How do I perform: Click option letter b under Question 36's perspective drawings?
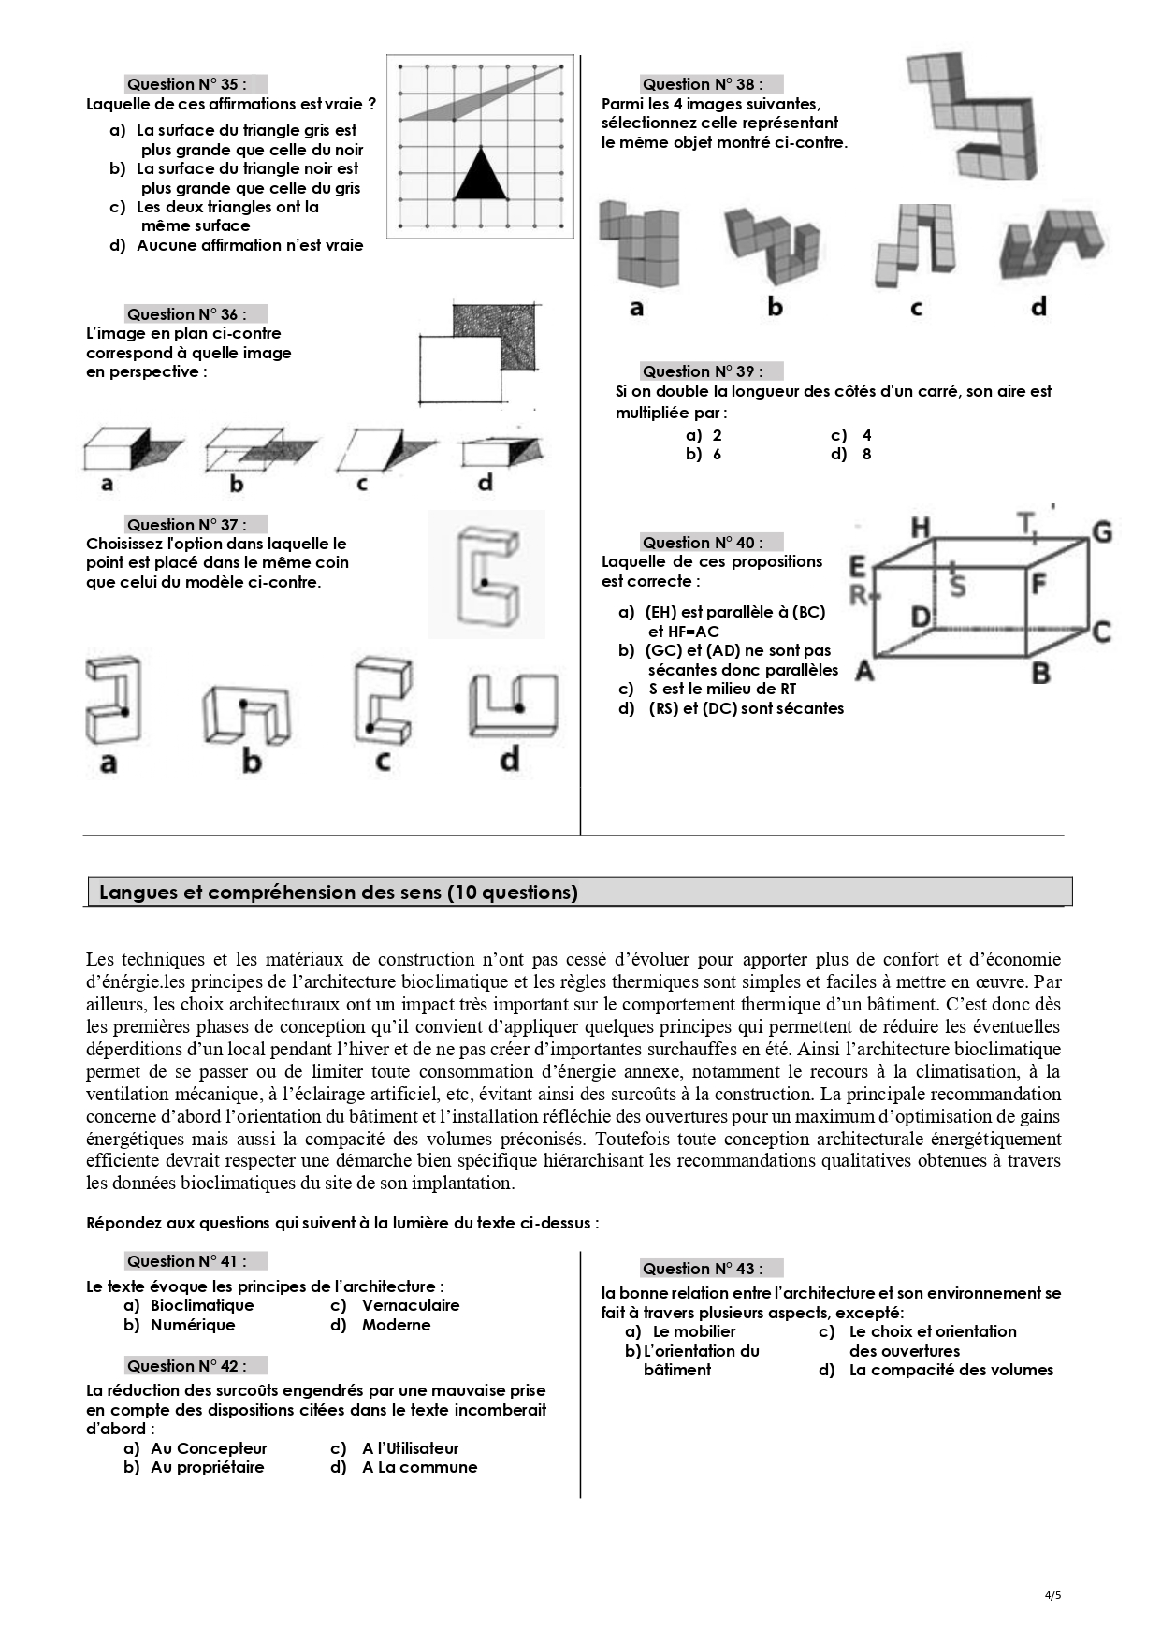point(237,484)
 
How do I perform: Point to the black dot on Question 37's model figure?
point(484,583)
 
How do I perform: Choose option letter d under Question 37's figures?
point(509,759)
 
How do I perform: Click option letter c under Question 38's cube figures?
point(916,308)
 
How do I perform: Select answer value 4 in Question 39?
point(866,435)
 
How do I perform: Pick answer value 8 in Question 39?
point(866,455)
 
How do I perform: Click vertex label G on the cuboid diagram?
point(1101,532)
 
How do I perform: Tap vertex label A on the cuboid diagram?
point(865,671)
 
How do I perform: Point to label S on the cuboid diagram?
point(957,586)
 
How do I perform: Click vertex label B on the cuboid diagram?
point(1039,672)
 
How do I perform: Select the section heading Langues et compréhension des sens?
point(338,893)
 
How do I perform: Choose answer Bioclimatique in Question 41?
point(202,1305)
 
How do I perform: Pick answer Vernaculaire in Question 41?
point(411,1305)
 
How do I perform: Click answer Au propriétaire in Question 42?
point(207,1467)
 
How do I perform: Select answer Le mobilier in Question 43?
point(693,1331)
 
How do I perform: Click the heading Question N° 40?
point(702,543)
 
